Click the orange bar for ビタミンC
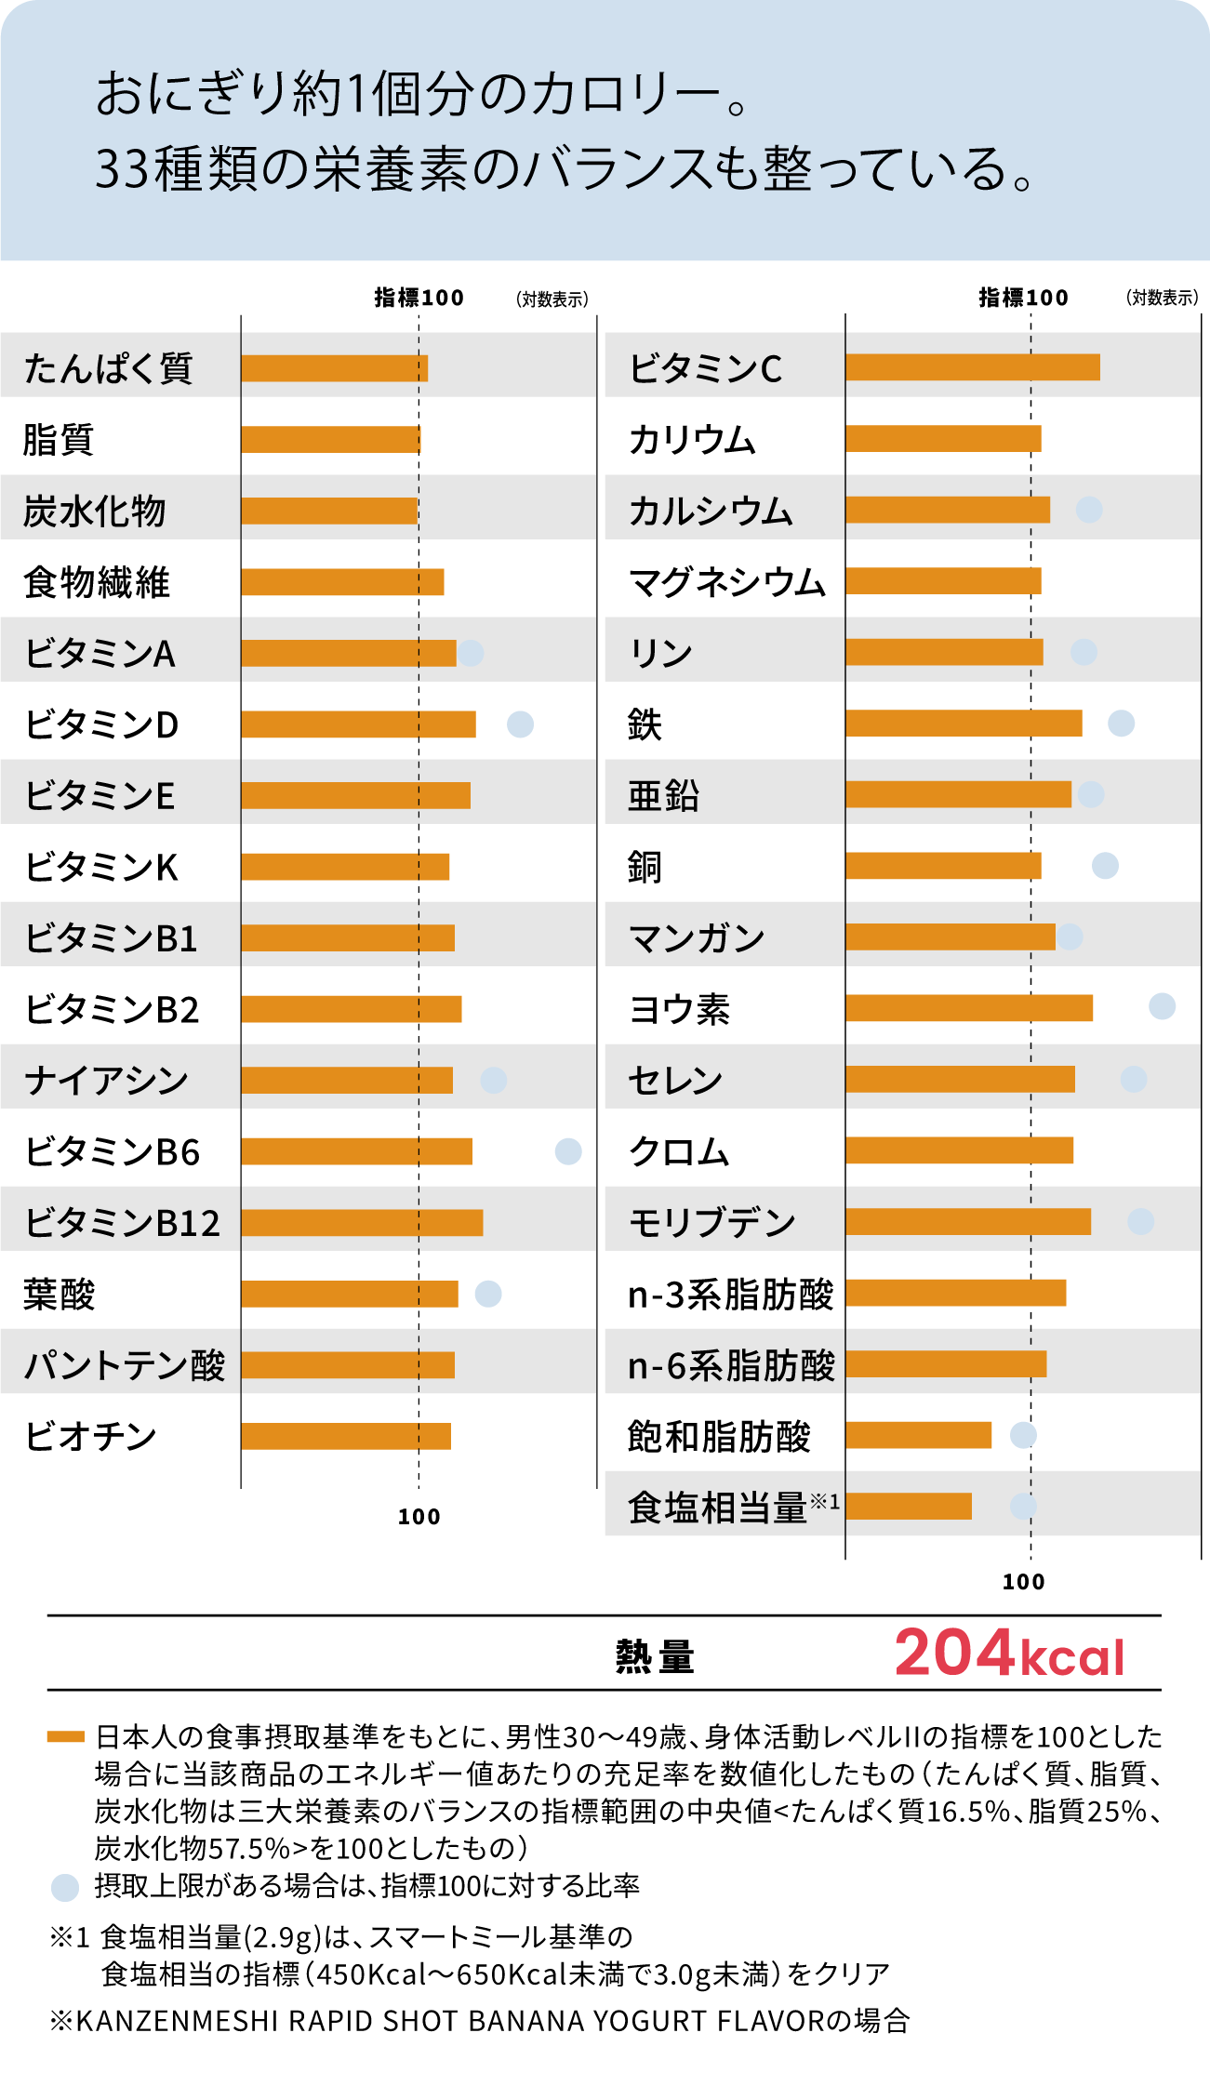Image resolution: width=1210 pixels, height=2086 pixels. [972, 367]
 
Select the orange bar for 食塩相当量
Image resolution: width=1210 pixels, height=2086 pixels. [908, 1506]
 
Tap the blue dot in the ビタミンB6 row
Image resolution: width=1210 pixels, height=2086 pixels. [567, 1151]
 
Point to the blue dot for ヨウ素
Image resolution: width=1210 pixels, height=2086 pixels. [1162, 1006]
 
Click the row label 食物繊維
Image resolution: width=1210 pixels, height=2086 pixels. [97, 582]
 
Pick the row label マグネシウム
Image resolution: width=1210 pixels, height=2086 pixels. [726, 582]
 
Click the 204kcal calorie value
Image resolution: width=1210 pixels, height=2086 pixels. [1009, 1654]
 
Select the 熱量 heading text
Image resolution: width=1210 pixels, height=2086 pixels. [655, 1656]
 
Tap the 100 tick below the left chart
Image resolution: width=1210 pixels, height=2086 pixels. [419, 1517]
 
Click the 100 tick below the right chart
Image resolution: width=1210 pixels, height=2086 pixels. [1023, 1582]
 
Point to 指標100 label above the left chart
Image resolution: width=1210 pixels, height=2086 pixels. [419, 298]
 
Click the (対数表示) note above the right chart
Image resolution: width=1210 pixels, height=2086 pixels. [1162, 298]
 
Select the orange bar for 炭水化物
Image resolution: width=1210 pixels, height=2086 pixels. [329, 511]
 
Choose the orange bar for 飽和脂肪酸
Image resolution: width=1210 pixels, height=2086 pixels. [918, 1435]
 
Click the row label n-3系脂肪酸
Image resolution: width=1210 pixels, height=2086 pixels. [731, 1294]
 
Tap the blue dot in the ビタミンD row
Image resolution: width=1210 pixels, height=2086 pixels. [520, 724]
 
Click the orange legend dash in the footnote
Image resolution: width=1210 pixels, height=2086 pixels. [65, 1736]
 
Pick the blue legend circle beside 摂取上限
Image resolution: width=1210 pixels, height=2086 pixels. [64, 1887]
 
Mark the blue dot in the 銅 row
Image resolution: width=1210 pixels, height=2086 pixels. [1105, 866]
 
